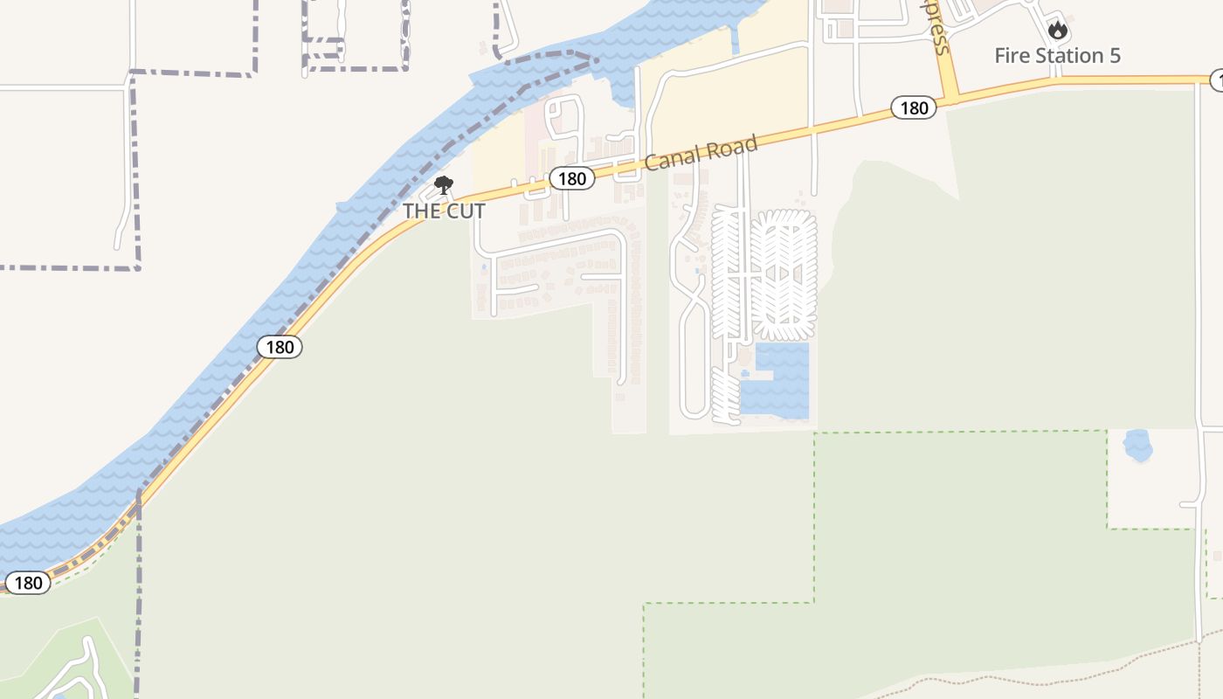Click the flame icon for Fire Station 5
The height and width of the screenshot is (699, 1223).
click(x=1058, y=31)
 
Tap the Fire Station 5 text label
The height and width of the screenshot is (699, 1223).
click(x=1057, y=56)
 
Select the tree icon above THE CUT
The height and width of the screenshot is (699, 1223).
click(x=444, y=184)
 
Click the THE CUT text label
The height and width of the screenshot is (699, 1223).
click(x=444, y=211)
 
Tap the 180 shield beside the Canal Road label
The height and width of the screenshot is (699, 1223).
click(x=571, y=179)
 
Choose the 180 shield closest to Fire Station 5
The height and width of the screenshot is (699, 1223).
click(x=914, y=108)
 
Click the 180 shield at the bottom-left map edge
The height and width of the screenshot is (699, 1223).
click(x=28, y=583)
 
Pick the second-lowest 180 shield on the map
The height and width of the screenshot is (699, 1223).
click(x=280, y=347)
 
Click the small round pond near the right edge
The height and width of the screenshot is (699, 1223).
click(x=1137, y=446)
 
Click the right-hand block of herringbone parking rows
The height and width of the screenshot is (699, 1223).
click(x=784, y=274)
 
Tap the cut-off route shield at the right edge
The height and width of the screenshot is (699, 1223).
click(x=1217, y=80)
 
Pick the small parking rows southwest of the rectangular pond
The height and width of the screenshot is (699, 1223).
click(x=725, y=396)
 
